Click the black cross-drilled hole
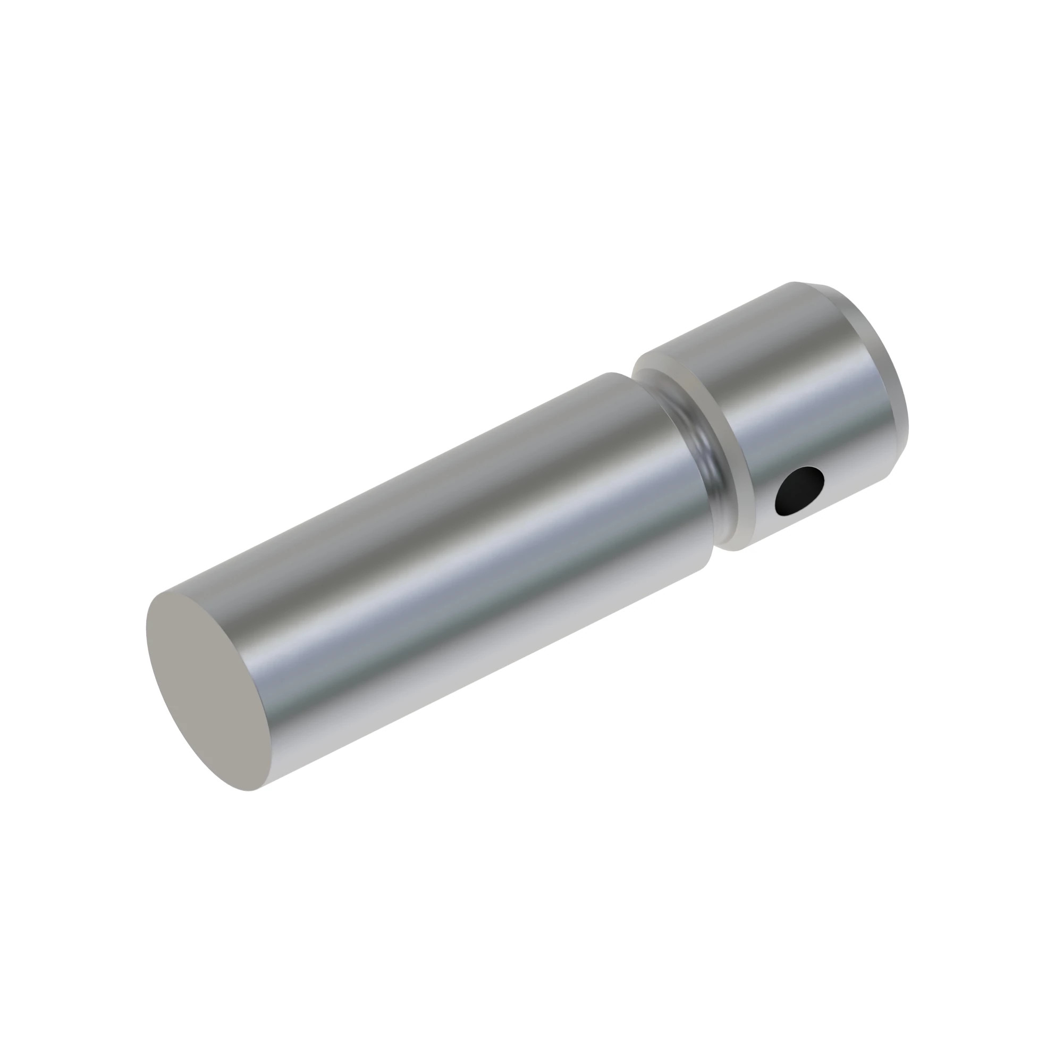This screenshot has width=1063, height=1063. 799,491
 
